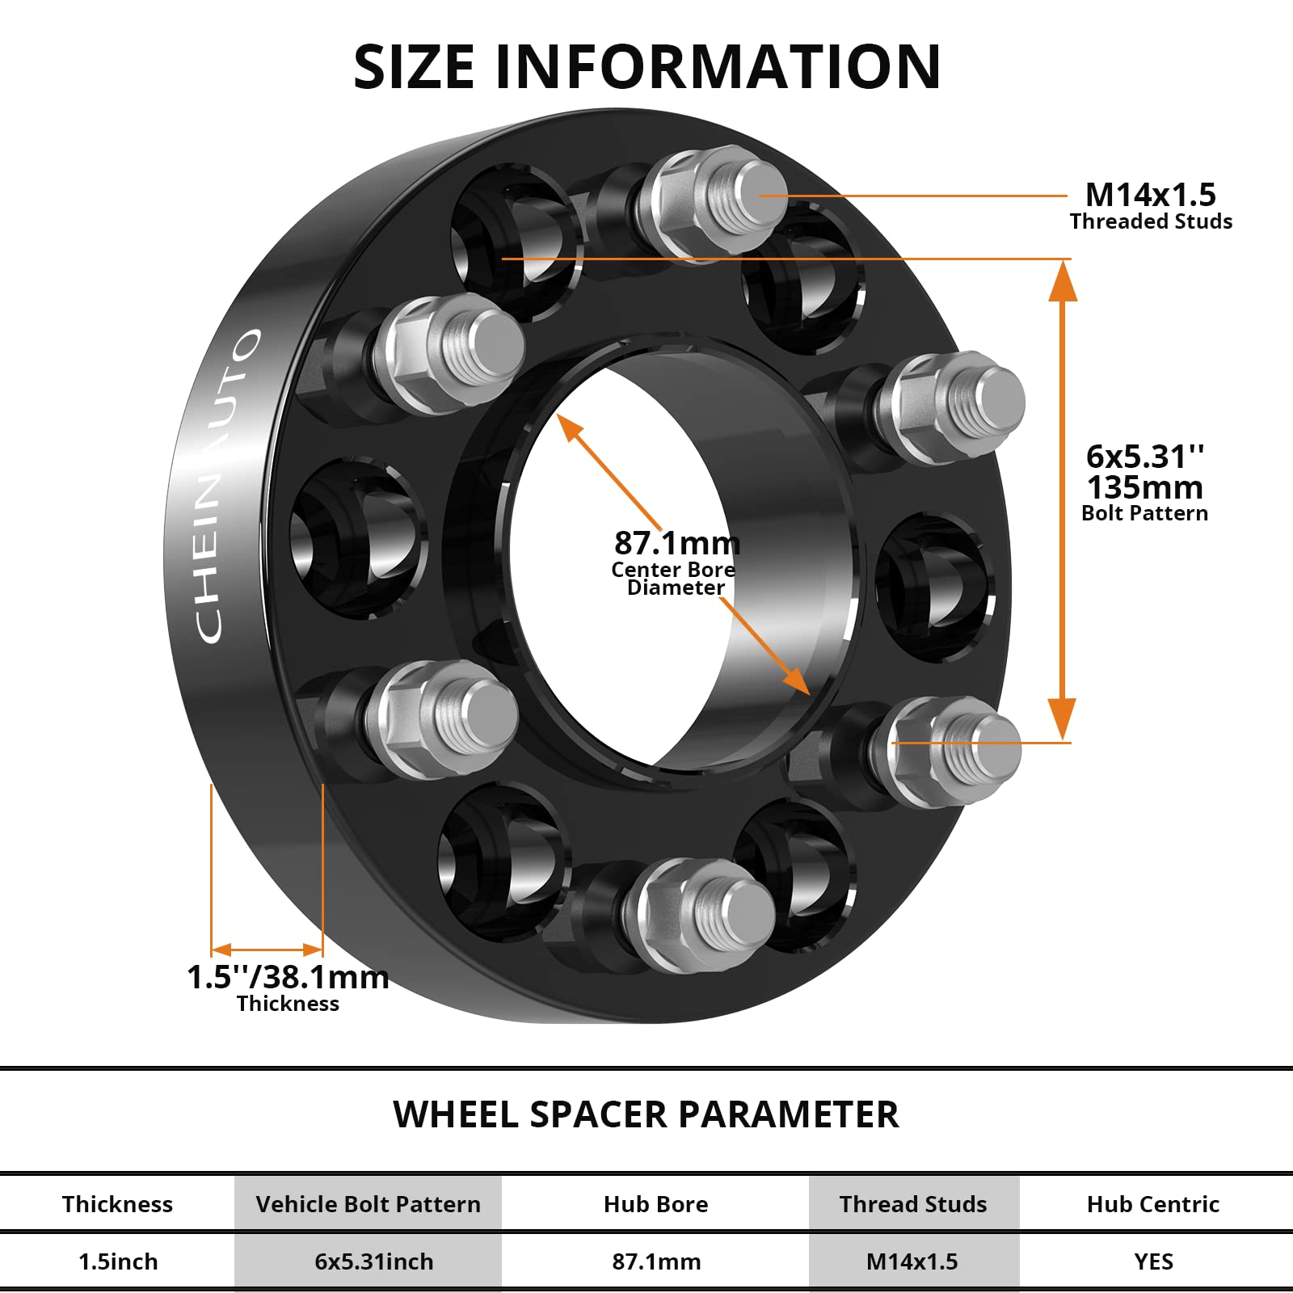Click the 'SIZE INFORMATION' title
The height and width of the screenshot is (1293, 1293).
[x=646, y=66]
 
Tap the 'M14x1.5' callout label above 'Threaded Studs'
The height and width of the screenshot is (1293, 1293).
[x=1150, y=195]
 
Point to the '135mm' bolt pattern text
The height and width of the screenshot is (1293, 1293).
[x=1144, y=487]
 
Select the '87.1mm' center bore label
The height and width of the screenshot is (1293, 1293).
[x=676, y=543]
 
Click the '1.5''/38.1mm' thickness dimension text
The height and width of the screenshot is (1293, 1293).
[x=288, y=977]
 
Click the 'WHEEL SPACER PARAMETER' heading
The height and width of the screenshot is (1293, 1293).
[x=646, y=1114]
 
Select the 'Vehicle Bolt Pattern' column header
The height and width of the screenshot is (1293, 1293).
[x=368, y=1204]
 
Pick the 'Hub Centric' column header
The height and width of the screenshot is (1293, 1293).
[x=1152, y=1204]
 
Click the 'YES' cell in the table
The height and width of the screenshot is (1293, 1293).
[x=1152, y=1261]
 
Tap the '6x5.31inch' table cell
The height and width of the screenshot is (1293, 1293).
[x=373, y=1261]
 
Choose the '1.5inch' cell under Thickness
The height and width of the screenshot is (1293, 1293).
[x=118, y=1261]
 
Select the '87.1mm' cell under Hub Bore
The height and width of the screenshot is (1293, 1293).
[x=656, y=1261]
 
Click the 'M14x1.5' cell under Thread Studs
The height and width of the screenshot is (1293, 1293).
[x=912, y=1261]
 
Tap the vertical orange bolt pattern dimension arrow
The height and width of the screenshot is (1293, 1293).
[x=1062, y=501]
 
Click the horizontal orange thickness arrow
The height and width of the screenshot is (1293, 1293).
[x=267, y=950]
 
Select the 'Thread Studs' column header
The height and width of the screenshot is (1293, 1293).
[x=913, y=1204]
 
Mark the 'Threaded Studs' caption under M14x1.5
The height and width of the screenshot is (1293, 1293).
[x=1151, y=221]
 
